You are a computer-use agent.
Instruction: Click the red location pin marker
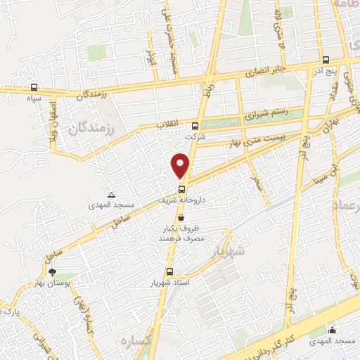(181, 165)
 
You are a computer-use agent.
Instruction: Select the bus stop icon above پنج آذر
(326, 60)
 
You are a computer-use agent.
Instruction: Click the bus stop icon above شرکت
(195, 127)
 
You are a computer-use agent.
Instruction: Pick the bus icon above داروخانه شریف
(181, 189)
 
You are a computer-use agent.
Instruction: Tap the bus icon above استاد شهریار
(169, 271)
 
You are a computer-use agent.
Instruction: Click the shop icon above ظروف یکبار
(182, 217)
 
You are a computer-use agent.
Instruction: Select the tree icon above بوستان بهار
(51, 271)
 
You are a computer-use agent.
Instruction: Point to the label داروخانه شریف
(181, 200)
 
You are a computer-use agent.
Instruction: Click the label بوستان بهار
(51, 282)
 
